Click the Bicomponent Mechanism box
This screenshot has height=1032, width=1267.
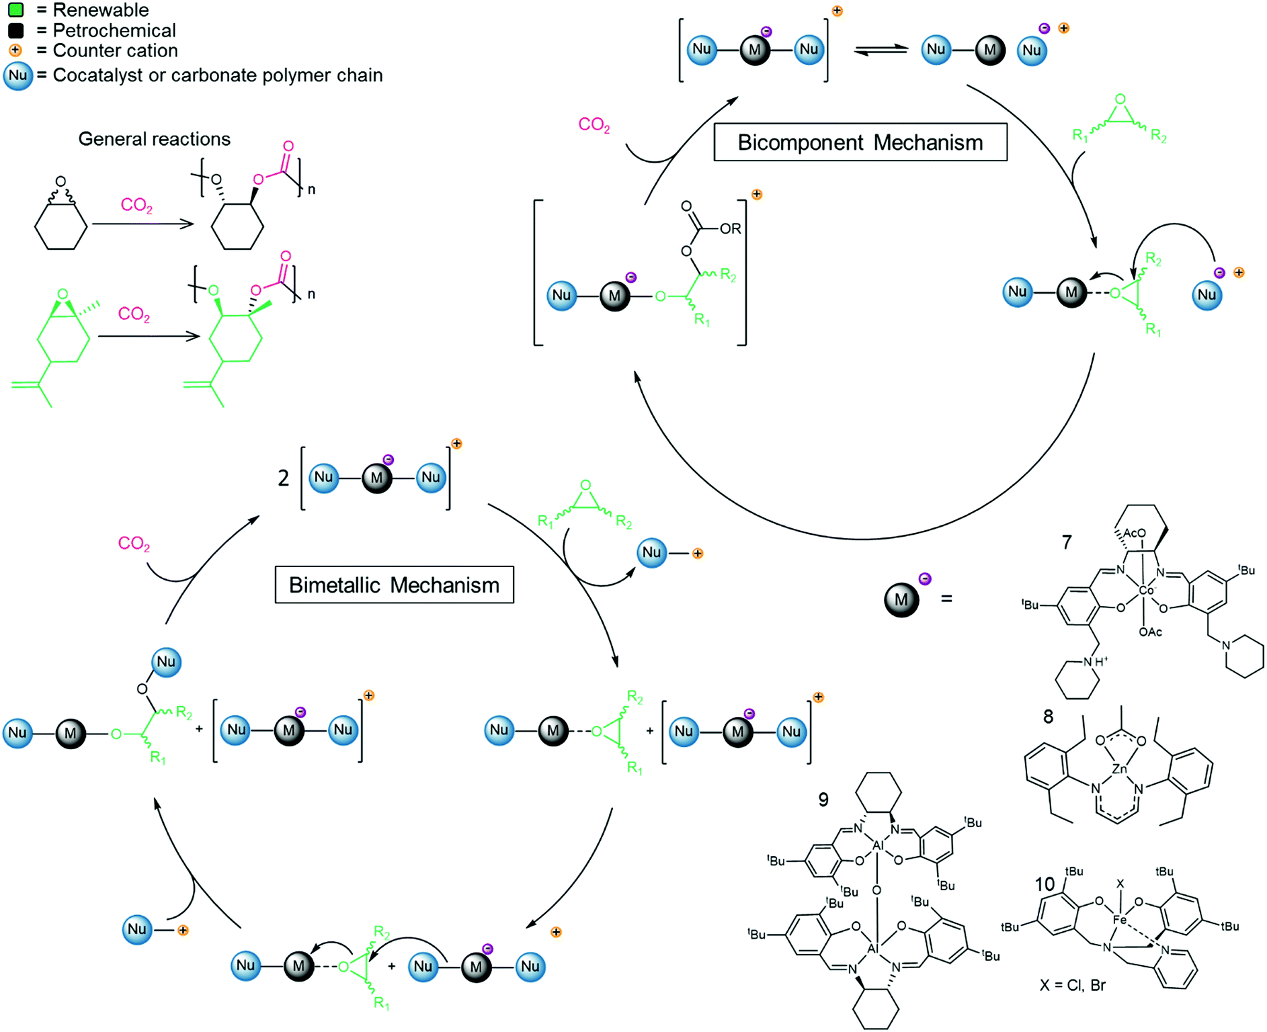click(x=860, y=142)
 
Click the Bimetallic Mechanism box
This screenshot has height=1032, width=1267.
click(x=394, y=585)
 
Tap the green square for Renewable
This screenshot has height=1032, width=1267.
click(x=16, y=10)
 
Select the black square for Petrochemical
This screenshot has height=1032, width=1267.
click(x=16, y=30)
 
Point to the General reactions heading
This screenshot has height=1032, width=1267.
click(x=154, y=139)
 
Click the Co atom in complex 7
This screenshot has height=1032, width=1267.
click(x=1145, y=591)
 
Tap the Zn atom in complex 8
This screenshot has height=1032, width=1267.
click(x=1119, y=769)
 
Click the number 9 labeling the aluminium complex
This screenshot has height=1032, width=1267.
click(x=823, y=800)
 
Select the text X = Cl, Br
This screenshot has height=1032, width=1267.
click(x=1072, y=986)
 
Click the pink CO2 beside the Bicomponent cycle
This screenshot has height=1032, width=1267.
click(x=594, y=125)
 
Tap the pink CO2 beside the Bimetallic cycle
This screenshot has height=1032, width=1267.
click(x=134, y=544)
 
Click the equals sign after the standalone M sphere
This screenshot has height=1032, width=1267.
click(x=946, y=599)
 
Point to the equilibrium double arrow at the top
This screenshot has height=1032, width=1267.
click(x=881, y=50)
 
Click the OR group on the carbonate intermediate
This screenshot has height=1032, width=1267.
click(x=730, y=229)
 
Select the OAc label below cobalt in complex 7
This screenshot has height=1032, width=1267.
click(x=1150, y=632)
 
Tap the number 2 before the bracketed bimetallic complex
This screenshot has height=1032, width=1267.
click(x=284, y=478)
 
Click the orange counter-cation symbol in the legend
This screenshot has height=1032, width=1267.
click(x=15, y=50)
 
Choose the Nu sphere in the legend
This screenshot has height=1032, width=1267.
click(x=18, y=75)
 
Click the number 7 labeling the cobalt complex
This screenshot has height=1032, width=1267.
click(x=1067, y=542)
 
